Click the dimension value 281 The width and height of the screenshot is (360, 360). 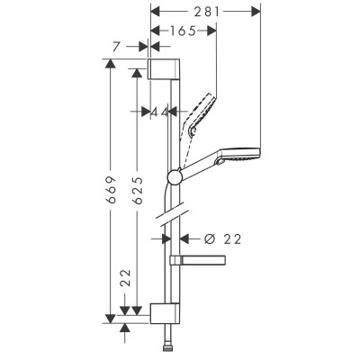point(203,11)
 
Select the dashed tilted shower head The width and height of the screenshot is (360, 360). point(199,113)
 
